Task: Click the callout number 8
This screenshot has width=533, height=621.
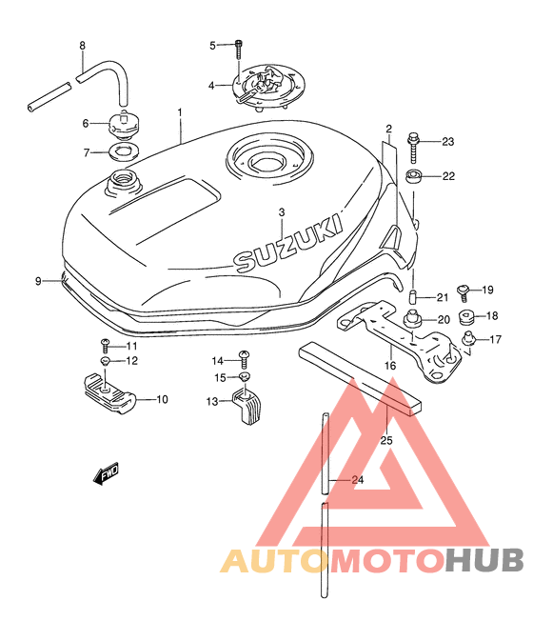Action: coord(82,46)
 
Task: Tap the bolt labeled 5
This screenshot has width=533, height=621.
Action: coord(239,49)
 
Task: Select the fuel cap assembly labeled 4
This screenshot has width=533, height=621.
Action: coord(268,90)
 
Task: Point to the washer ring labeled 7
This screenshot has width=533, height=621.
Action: coord(123,152)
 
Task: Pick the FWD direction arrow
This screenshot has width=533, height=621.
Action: coord(106,473)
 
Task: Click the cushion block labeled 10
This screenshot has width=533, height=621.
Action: coord(109,392)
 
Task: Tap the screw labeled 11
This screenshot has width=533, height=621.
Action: coord(105,346)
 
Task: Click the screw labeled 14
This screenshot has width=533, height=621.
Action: coord(245,359)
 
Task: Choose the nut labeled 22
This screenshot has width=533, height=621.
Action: coord(413,176)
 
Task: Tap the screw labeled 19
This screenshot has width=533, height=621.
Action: coord(464,292)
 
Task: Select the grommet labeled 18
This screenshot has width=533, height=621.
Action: coord(466,316)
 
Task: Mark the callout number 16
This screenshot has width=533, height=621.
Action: coord(390,365)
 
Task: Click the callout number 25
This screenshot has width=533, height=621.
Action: coord(386,440)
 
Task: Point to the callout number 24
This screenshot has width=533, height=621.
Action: coord(358,480)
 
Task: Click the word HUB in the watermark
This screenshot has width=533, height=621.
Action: coord(484,560)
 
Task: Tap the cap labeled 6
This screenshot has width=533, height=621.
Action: coord(124,124)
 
